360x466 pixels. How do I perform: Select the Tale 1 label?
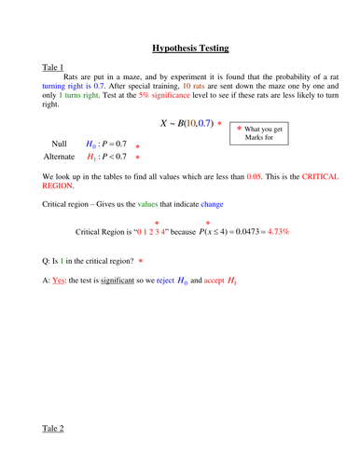tap(53, 68)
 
